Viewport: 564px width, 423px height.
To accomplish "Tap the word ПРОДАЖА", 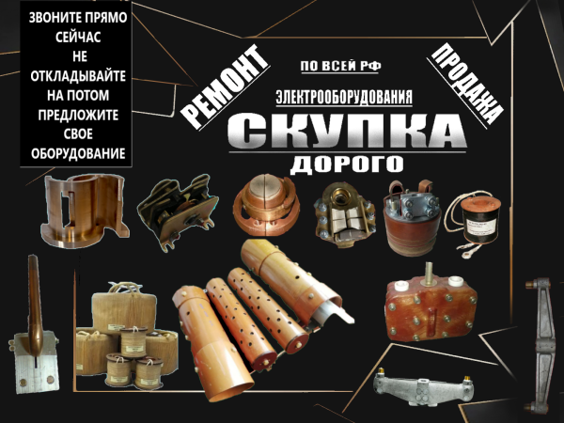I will point(463,82).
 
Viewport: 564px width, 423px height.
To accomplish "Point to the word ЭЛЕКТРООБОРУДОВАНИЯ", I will point(345,97).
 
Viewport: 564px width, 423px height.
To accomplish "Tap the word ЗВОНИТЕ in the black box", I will point(54,20).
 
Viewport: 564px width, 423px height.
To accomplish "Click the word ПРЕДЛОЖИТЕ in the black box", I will point(77,113).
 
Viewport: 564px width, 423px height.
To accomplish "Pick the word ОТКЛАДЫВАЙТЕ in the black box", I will point(77,76).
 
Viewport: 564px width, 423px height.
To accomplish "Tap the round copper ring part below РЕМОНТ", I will point(266,204).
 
